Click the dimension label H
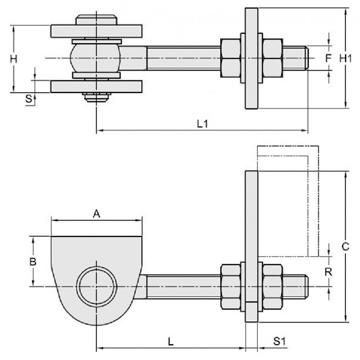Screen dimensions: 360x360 coord(14,58)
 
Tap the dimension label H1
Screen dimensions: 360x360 coord(346,58)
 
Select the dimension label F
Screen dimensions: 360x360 coord(329,58)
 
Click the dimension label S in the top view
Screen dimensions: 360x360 coord(28,99)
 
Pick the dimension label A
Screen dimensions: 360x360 coord(96,215)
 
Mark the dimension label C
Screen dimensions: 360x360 coord(346,247)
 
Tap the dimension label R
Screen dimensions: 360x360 coord(329,272)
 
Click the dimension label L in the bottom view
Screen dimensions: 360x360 coord(171,342)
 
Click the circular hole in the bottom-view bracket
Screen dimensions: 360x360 coord(96,287)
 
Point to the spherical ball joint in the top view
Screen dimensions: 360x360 coord(96,58)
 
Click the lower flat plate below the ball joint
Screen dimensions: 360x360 coord(96,86)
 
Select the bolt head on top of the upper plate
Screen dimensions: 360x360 coord(96,20)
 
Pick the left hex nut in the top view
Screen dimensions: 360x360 coord(231,58)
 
